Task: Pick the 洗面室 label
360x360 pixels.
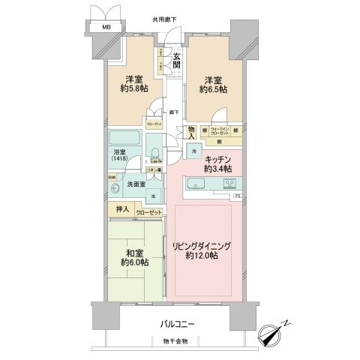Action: (x=134, y=184)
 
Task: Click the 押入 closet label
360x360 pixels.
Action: (x=122, y=212)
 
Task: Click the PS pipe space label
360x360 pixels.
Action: (x=237, y=197)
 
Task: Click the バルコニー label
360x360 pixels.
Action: (x=177, y=325)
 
